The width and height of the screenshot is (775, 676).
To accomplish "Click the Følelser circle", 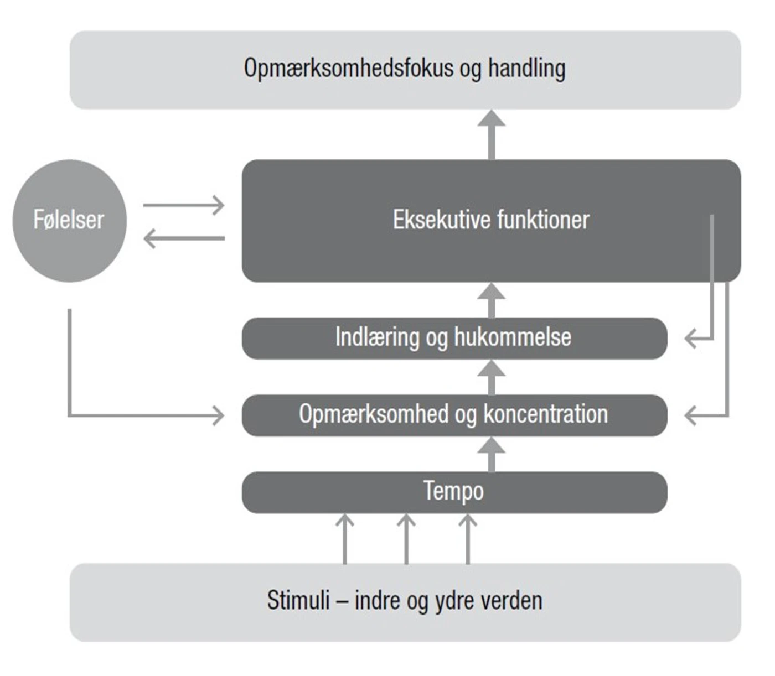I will point(69,221).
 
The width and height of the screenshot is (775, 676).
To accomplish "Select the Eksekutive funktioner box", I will point(490,221).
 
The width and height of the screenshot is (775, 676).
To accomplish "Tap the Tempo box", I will point(454,492).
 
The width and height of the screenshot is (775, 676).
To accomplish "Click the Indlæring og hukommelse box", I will point(454,338).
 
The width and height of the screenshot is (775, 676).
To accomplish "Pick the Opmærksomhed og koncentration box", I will point(454,415).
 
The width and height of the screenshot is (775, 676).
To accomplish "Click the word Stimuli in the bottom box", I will point(298,601).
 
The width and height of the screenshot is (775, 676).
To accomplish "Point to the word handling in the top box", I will point(526,69).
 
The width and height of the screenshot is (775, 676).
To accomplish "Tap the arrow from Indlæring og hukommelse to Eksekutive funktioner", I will point(492,300).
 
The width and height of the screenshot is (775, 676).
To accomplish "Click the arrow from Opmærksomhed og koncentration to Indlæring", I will point(492,377).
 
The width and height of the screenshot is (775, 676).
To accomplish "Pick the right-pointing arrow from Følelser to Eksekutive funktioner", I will point(184,205).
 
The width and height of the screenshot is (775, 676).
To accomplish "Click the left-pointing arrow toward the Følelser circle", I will point(184,238).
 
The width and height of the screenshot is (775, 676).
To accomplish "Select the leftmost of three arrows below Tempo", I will point(345,539).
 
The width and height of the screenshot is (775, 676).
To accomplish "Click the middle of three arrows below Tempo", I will point(406,539).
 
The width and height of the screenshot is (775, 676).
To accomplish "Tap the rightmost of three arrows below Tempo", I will point(468,539).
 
